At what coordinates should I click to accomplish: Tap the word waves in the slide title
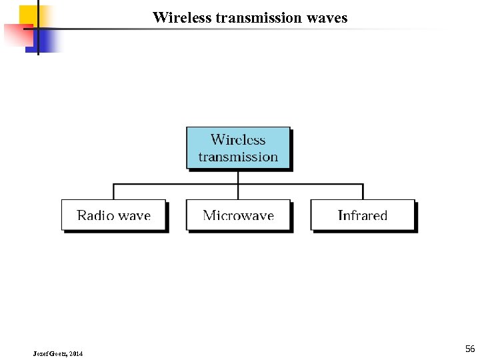coord(327,18)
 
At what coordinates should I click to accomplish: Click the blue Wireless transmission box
coord(238,147)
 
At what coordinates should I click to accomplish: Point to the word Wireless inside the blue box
coord(238,140)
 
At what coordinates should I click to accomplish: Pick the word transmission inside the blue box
coord(238,157)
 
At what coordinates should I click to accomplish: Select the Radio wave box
coord(113,215)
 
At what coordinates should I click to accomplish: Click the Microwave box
coord(238,215)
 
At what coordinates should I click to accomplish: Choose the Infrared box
coord(363,215)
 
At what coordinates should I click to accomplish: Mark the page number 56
coord(470,349)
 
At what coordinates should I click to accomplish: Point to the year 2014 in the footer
coord(75,353)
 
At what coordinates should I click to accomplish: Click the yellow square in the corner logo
coord(29,14)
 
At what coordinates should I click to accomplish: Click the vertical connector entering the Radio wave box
coord(113,192)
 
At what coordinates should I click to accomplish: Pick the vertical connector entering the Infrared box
coord(363,192)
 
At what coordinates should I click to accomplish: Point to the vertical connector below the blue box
coord(238,177)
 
